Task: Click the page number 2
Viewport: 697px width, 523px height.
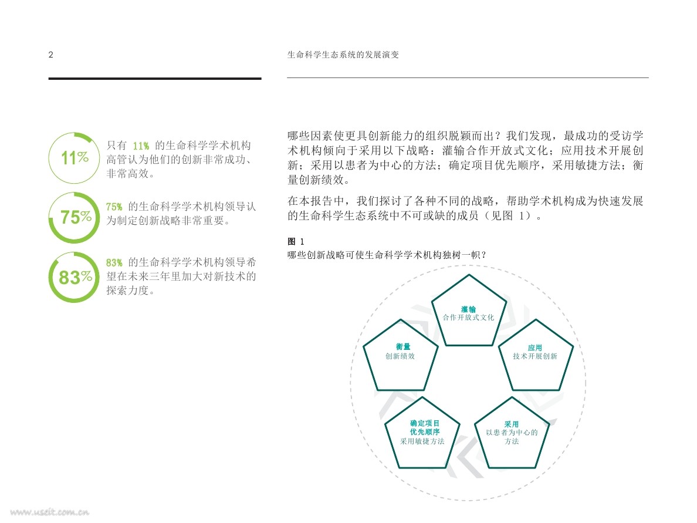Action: point(51,55)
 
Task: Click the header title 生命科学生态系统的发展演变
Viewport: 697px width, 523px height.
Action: point(343,55)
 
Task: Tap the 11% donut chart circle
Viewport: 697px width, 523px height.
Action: point(73,158)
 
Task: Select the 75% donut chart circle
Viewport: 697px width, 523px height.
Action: point(75,217)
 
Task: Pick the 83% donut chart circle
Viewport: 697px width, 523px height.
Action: point(75,276)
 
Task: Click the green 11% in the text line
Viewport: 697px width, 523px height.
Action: point(141,146)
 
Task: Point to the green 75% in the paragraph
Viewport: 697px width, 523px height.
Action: point(114,207)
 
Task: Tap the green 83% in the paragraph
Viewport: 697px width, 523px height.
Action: point(114,262)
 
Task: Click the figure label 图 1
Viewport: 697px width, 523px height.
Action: point(296,242)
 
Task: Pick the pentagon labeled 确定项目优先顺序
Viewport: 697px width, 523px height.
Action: point(422,434)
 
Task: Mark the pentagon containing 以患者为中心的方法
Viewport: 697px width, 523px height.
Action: point(511,434)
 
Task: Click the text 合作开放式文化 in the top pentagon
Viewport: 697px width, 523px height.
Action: point(468,318)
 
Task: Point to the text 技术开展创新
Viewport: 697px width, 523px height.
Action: point(534,356)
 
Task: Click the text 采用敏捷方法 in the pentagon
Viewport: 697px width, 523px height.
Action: point(422,441)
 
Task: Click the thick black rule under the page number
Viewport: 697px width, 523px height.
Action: point(155,79)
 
